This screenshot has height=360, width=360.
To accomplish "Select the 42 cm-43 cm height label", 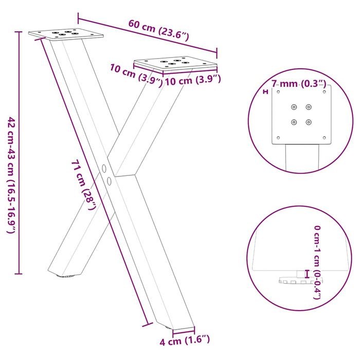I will [11, 175].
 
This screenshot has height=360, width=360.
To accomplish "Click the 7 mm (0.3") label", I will [298, 83].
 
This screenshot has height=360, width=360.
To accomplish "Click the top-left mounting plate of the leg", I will [66, 34].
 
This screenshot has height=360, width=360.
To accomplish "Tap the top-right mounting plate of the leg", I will [175, 64].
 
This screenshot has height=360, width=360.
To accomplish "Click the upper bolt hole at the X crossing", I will [104, 168].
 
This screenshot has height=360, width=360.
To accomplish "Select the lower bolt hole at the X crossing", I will [109, 180].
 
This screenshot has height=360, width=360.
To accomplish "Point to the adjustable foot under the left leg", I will [67, 277].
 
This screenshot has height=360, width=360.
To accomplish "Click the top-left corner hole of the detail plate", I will [279, 92].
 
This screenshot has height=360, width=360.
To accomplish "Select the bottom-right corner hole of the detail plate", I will [324, 137].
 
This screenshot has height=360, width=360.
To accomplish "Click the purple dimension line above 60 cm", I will [149, 34].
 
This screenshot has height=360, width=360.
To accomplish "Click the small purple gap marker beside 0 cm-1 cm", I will [308, 274].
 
